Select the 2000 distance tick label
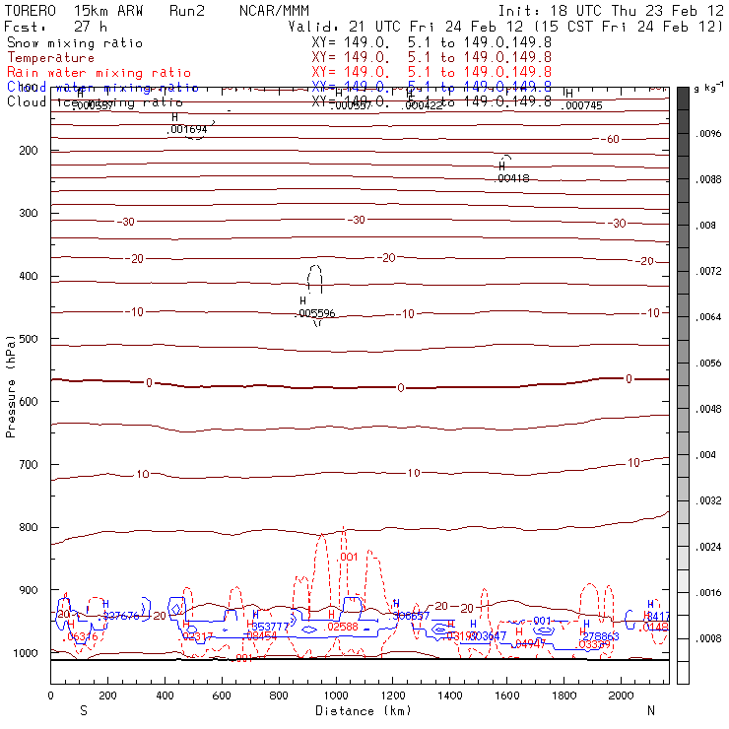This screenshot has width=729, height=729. (x=622, y=696)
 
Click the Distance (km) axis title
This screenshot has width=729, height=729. (x=359, y=710)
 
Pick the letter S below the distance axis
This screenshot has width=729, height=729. (x=84, y=710)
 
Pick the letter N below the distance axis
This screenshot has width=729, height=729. (x=650, y=710)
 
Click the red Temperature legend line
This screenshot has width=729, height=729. (x=50, y=58)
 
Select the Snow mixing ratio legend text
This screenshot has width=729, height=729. (x=74, y=43)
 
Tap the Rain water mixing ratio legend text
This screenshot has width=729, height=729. (x=86, y=73)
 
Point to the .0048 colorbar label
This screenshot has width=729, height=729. (x=708, y=408)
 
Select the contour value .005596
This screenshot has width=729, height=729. (x=317, y=313)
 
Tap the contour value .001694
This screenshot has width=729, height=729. (x=188, y=129)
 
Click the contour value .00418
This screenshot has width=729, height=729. (x=513, y=178)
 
